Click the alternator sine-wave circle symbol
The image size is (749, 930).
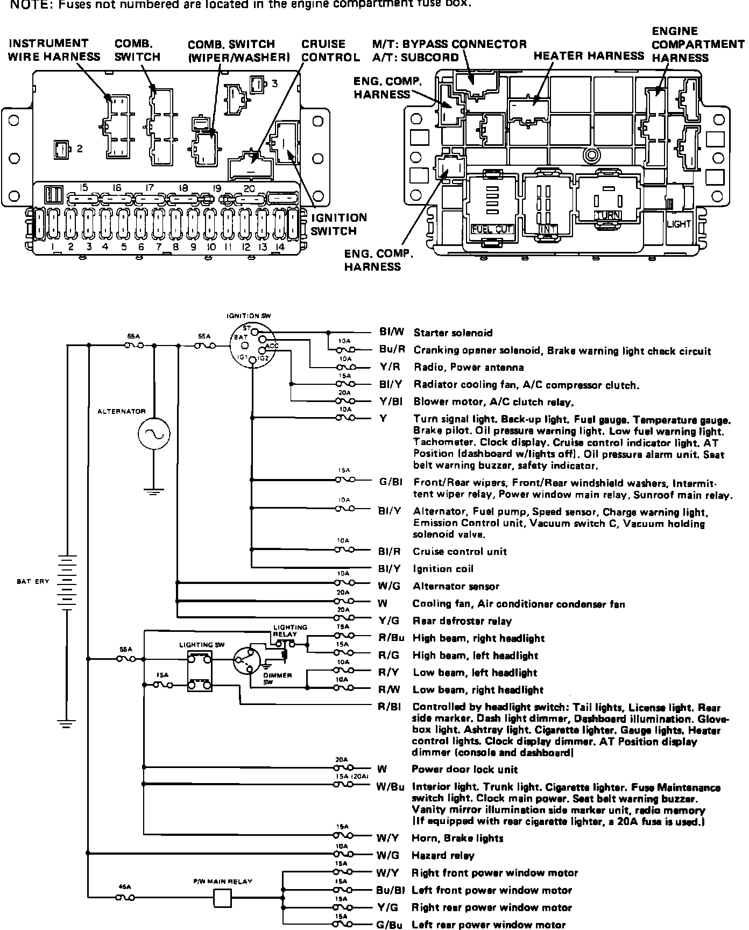[154, 434]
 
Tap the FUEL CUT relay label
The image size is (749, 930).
[492, 229]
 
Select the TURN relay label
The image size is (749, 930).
[607, 215]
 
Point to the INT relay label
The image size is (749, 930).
[548, 229]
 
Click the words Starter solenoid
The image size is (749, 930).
[453, 333]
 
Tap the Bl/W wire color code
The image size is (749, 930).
[392, 333]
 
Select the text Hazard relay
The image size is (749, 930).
[443, 855]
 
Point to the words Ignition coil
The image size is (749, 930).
[443, 569]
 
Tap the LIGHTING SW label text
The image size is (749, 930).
[202, 644]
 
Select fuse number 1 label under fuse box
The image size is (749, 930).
[54, 247]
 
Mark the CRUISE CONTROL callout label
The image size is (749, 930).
[330, 51]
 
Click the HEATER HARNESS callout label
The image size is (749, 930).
[588, 56]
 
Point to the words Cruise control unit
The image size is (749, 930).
[460, 552]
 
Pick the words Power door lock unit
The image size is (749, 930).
[465, 769]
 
